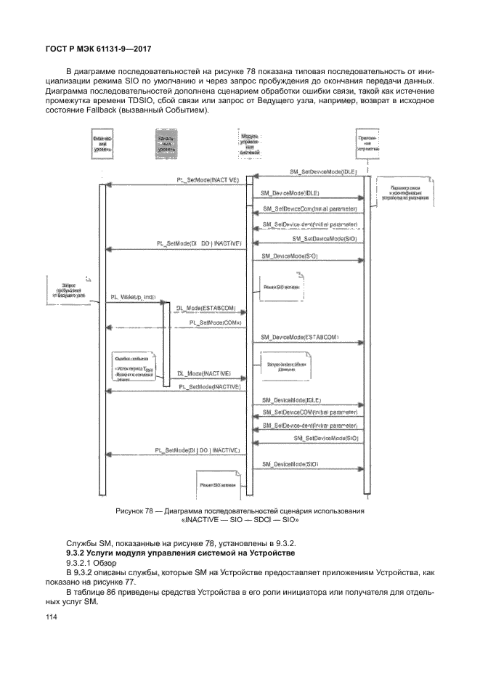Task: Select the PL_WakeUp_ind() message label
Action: [x=134, y=297]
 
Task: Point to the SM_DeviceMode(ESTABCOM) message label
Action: [x=299, y=338]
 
